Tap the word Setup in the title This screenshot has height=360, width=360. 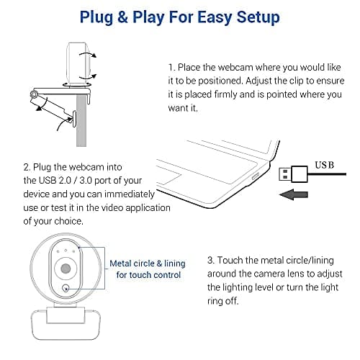tap(253, 16)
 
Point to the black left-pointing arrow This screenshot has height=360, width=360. tap(297, 194)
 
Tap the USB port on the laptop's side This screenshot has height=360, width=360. tap(255, 176)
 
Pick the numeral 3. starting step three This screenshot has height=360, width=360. tap(210, 259)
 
